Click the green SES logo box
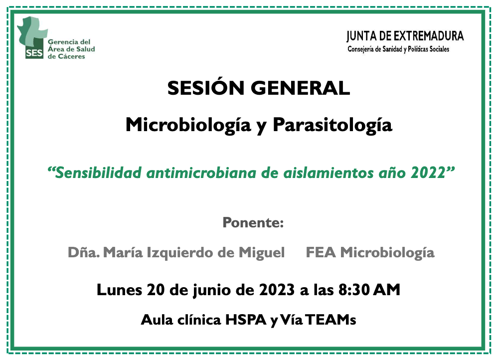34,52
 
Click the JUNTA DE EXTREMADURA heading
405,36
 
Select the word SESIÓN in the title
205,88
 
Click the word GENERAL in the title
301,88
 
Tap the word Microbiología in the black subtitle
188,125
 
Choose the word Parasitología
332,125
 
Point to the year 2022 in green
428,173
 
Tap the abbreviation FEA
321,253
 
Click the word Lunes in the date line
120,290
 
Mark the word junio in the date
212,290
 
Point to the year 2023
277,290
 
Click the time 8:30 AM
369,290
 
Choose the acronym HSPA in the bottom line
246,320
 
